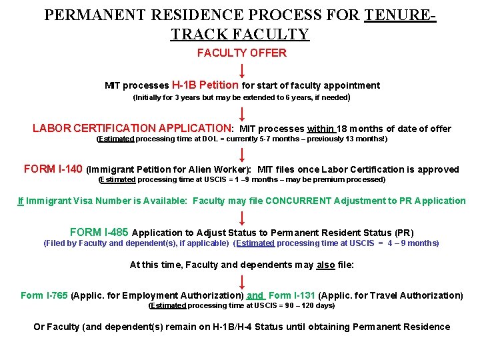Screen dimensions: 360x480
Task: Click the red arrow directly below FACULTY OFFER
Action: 242,70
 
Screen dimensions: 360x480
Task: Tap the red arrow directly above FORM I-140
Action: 242,155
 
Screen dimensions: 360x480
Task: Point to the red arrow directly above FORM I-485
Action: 242,217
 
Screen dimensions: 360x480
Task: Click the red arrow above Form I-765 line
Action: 242,281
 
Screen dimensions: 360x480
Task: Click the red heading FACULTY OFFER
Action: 241,53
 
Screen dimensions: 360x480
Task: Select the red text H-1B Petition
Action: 205,85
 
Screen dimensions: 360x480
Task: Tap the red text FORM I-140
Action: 53,169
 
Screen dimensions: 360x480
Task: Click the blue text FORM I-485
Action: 99,233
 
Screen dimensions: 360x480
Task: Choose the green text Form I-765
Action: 44,295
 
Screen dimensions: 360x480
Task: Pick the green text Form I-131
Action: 291,295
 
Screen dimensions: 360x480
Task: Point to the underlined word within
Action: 321,129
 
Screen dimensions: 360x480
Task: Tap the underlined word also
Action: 325,265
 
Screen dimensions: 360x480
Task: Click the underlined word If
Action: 21,201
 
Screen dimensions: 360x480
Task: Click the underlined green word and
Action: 255,295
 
